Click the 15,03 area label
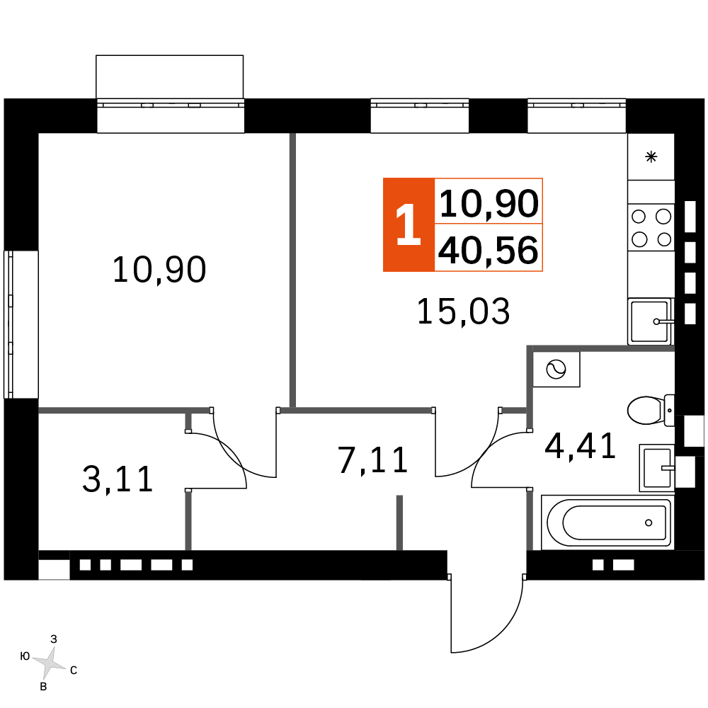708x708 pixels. click(463, 312)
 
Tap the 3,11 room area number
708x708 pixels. click(118, 479)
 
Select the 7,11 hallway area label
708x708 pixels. click(373, 461)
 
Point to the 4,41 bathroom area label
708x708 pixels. click(581, 446)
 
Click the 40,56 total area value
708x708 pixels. click(488, 250)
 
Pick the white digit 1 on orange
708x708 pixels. click(409, 224)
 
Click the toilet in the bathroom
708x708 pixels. click(651, 410)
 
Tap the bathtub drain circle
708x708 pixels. click(649, 523)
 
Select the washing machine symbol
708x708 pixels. click(556, 370)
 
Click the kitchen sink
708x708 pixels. click(650, 321)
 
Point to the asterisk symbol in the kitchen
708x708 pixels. click(651, 157)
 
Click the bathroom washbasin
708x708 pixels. click(657, 468)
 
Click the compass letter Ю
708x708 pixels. click(25, 656)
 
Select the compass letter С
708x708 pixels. click(74, 670)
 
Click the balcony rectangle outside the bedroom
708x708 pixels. click(170, 76)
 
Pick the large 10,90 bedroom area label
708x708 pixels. click(159, 270)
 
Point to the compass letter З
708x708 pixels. click(54, 639)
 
